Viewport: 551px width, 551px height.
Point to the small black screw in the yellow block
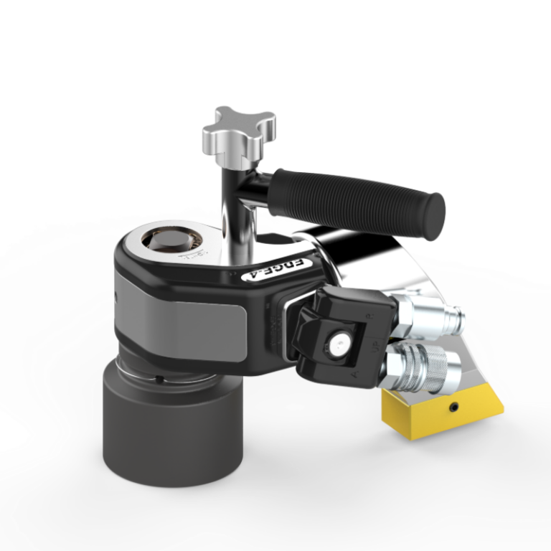(454, 408)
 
